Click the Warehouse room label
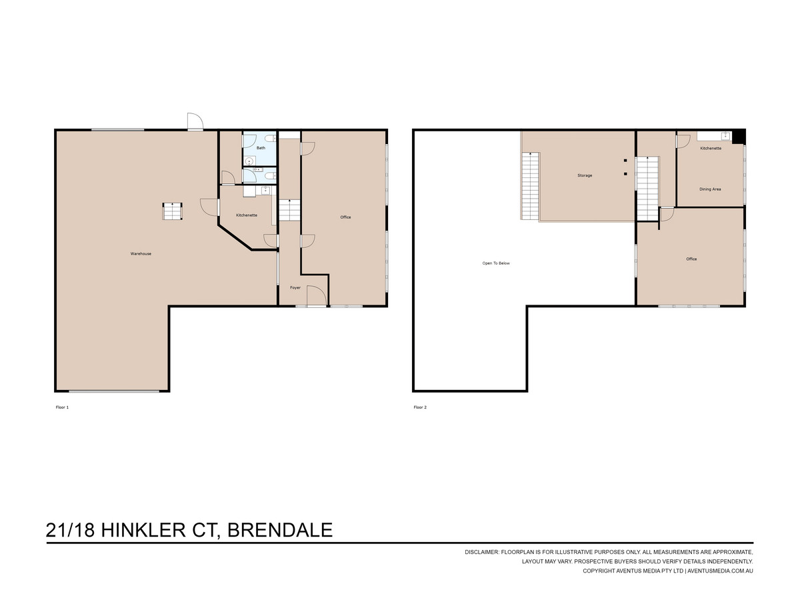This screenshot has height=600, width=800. click(x=141, y=254)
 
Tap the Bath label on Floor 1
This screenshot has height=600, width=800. click(x=261, y=148)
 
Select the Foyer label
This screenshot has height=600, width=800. click(x=295, y=288)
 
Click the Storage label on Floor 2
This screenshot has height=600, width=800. click(x=585, y=175)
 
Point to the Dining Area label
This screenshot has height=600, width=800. click(x=710, y=189)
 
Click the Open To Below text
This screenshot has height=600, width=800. click(x=496, y=263)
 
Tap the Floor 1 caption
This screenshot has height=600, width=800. click(x=62, y=407)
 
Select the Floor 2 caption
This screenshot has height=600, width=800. click(x=420, y=407)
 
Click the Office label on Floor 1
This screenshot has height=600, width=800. click(x=345, y=217)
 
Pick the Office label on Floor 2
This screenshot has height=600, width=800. click(x=691, y=259)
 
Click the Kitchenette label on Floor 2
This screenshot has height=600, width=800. click(x=711, y=149)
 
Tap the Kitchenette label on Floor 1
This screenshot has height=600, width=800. click(x=247, y=215)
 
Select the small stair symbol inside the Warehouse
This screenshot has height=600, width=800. click(x=172, y=211)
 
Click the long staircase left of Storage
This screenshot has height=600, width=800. click(x=530, y=186)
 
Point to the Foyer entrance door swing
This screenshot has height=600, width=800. click(x=316, y=296)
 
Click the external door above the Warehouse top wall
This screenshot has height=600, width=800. click(x=195, y=121)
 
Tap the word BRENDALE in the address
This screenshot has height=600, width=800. click(x=280, y=531)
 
